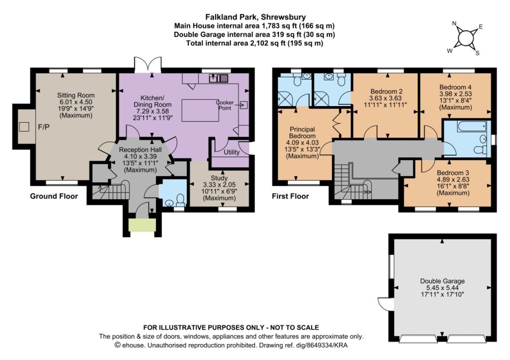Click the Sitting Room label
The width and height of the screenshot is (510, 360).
pos(76,95)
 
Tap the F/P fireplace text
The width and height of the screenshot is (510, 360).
pos(44,127)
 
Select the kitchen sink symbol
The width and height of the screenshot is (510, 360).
pos(218,78)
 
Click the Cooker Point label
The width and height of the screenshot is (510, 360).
pos(225,105)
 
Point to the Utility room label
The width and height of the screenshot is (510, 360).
pos(232,152)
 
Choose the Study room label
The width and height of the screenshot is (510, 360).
pos(219,178)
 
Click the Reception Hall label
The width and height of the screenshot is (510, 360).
pos(140,150)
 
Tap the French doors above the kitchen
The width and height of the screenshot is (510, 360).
pos(148,64)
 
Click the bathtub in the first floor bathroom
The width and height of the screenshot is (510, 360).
pos(472,126)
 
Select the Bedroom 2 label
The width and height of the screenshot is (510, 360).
pos(385,91)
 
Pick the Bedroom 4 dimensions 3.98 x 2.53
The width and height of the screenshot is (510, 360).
pos(455,94)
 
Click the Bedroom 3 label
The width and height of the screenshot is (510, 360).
pos(453,173)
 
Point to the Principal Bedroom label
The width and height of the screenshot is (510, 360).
pos(302,132)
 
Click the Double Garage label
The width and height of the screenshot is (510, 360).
pos(442,281)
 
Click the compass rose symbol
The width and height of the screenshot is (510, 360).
pos(466,38)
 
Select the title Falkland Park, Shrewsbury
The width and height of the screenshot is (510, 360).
pos(255,17)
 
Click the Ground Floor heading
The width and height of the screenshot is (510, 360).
pos(54,196)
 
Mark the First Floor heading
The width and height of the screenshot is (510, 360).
pos(290,196)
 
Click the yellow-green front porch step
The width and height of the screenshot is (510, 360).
pos(142,225)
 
